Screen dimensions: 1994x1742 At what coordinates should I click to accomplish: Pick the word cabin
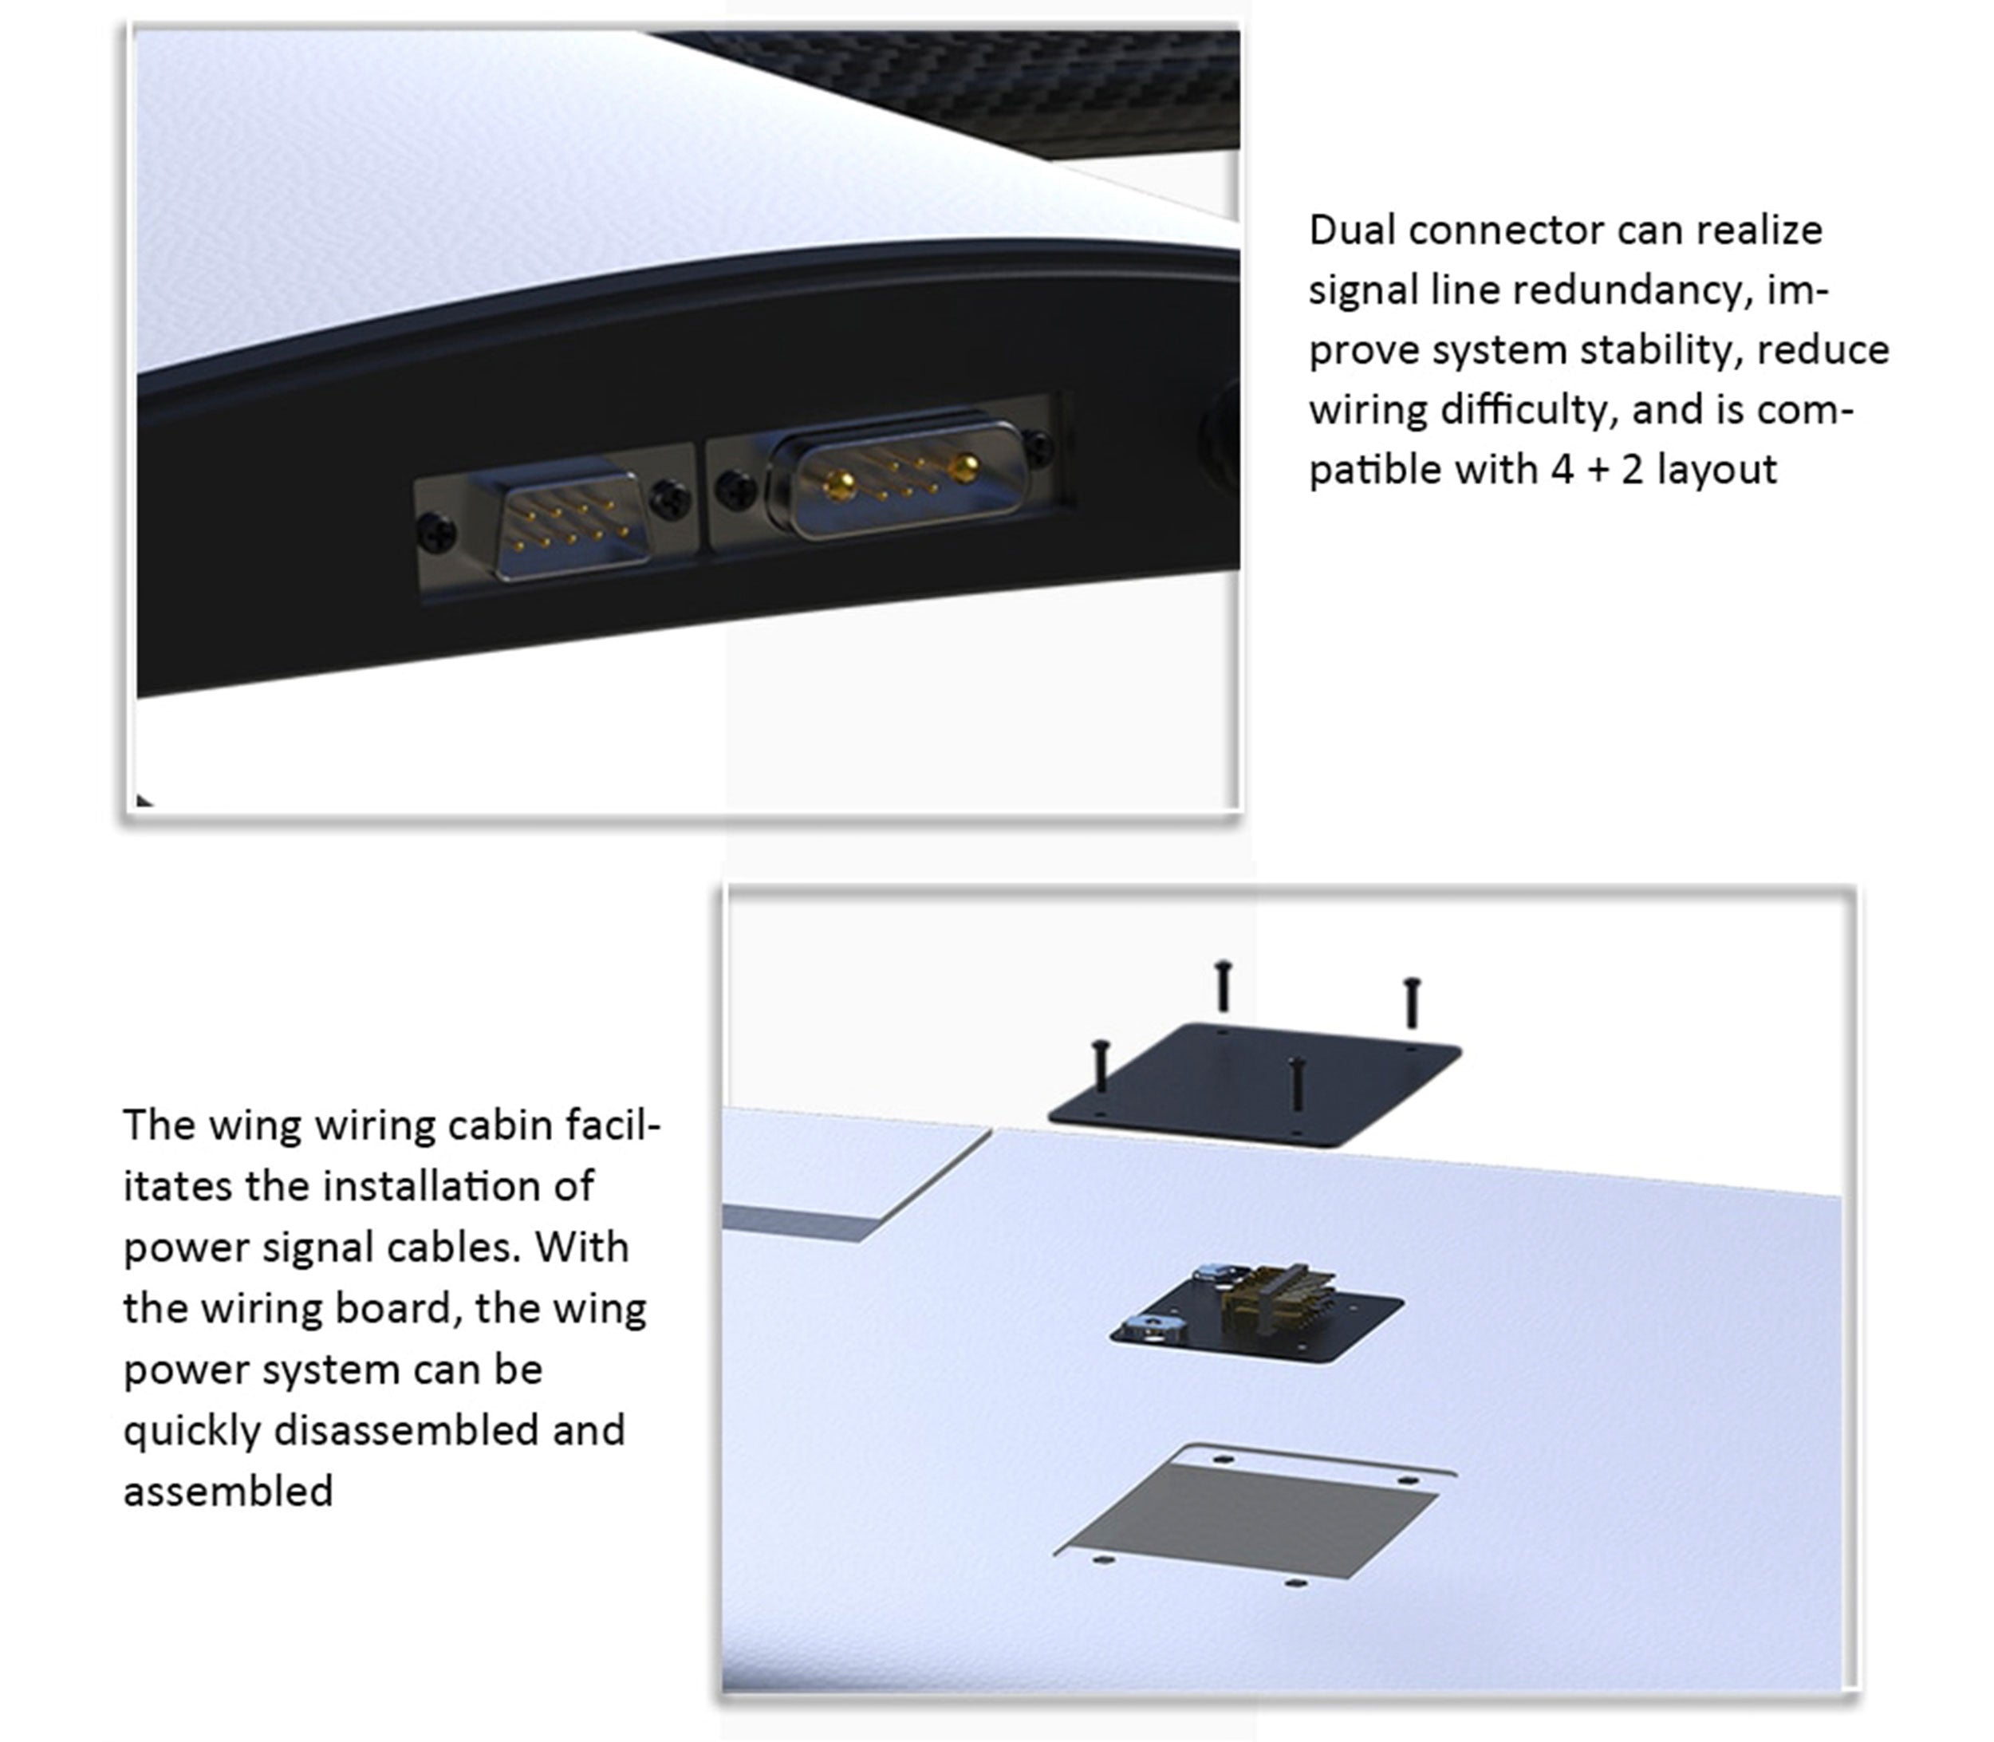click(502, 1125)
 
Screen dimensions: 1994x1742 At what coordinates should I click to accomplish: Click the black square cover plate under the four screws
click(1254, 1086)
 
